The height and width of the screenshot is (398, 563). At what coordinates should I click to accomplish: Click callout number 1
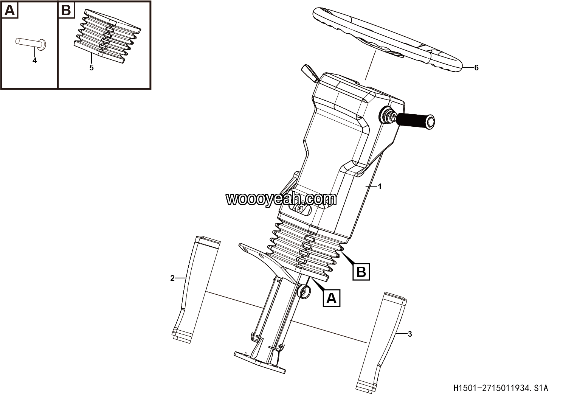click(x=380, y=187)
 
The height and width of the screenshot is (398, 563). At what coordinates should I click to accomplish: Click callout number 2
click(x=172, y=278)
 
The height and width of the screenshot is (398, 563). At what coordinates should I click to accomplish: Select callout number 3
click(x=410, y=334)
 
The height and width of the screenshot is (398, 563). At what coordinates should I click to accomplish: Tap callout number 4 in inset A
click(x=35, y=61)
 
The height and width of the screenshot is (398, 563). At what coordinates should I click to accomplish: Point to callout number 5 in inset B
click(x=92, y=68)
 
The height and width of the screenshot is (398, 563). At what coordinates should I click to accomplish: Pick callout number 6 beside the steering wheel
click(x=476, y=68)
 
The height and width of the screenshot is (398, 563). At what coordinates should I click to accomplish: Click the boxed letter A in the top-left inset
click(x=10, y=10)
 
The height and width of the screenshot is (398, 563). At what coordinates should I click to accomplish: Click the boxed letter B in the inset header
click(x=66, y=10)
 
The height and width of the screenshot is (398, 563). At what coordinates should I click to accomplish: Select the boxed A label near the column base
click(x=332, y=298)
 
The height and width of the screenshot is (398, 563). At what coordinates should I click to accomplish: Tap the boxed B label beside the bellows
click(x=361, y=272)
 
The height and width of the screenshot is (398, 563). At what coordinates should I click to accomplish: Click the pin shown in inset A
click(x=31, y=43)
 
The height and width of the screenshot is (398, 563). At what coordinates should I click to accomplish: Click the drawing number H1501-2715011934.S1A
click(x=501, y=388)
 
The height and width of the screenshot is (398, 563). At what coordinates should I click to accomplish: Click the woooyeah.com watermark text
click(x=281, y=199)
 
